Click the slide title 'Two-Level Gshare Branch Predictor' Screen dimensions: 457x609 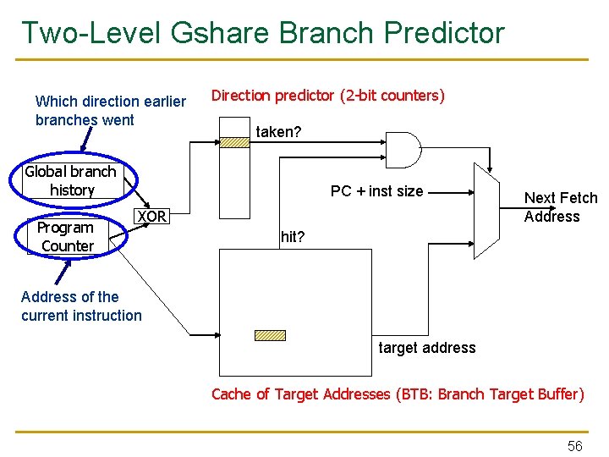tap(262, 33)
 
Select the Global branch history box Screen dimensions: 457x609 tap(71, 180)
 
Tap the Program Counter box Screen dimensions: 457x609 tap(67, 237)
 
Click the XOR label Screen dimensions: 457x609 tap(151, 217)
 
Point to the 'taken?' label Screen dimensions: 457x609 tap(278, 132)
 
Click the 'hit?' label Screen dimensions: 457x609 tap(292, 237)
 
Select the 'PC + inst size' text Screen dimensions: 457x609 tap(376, 191)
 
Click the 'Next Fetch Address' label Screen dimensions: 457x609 tap(560, 207)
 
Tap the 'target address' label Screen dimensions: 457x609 tap(426, 348)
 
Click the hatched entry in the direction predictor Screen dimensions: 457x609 tap(234, 142)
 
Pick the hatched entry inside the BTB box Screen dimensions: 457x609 tap(271, 334)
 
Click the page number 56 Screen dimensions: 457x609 tap(574, 446)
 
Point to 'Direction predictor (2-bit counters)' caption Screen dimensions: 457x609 tap(327, 96)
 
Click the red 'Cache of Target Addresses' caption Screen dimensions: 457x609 tap(397, 394)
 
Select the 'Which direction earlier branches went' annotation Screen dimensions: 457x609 tap(110, 111)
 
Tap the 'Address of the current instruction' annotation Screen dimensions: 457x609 tap(81, 306)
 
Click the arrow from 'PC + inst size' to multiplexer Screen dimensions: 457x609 tap(448, 192)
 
